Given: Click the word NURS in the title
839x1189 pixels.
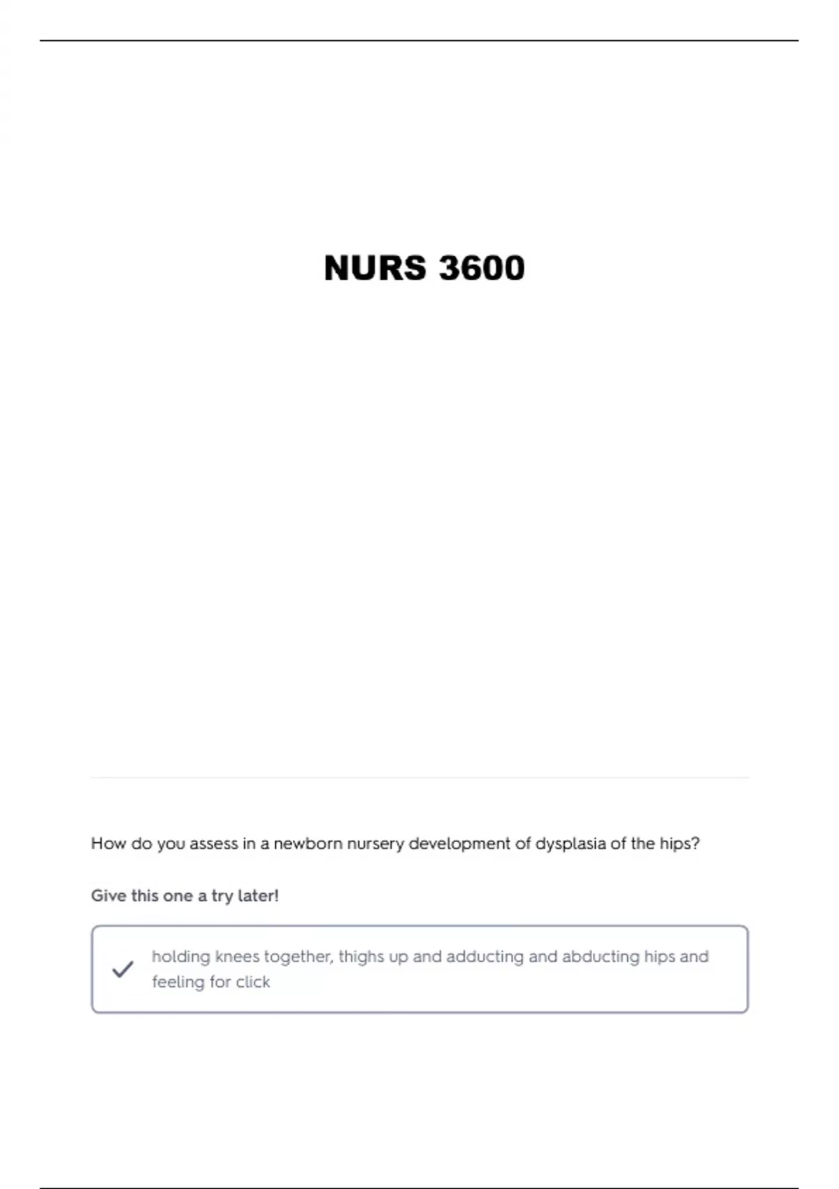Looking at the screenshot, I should pos(375,269).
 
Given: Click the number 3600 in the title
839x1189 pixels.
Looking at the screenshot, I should pos(482,269).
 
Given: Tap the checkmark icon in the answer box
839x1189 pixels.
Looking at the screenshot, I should pos(122,969).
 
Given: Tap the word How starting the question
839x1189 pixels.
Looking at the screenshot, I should pos(108,843).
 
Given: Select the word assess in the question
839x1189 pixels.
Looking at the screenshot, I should pos(214,843).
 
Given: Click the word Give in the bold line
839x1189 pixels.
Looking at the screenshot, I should pos(108,896).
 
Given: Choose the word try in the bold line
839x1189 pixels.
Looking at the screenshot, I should pos(222,896).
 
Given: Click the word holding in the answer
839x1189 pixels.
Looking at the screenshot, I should pos(180,957).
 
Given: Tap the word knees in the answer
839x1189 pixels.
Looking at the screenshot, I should pos(237,957).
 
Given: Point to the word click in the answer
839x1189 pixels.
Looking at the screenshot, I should pos(252,982).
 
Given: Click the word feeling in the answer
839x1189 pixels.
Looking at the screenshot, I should pos(178,982).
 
